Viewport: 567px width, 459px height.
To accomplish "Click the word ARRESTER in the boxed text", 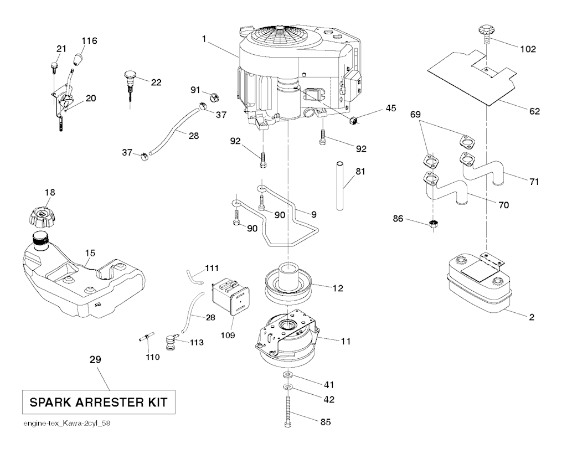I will pyautogui.click(x=106, y=401).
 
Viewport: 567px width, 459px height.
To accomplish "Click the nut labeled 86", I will pyautogui.click(x=434, y=224).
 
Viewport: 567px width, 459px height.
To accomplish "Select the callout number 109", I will pyautogui.click(x=228, y=335).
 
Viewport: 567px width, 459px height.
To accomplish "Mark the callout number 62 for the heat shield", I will pyautogui.click(x=534, y=111).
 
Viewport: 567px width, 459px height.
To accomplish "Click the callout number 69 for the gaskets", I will pyautogui.click(x=419, y=115).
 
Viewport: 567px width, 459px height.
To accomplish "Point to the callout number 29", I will pyautogui.click(x=96, y=360).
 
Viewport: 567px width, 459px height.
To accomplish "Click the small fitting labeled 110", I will pyautogui.click(x=146, y=338).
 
